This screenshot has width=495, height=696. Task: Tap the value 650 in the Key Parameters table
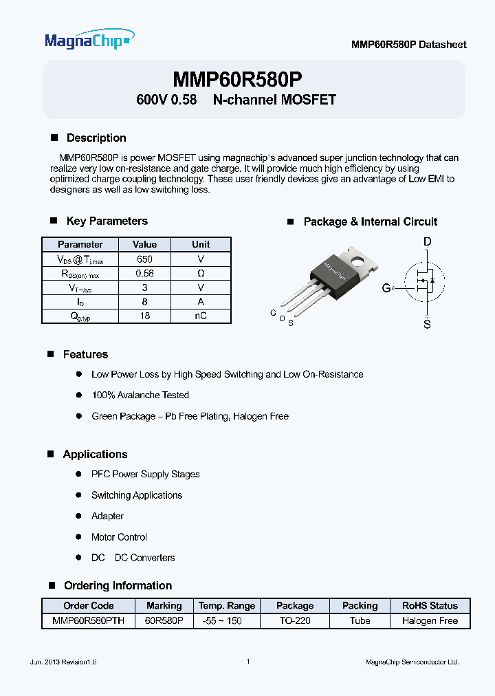click(144, 259)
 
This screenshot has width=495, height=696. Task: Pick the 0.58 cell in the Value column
click(144, 273)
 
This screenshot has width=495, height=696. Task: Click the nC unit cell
click(201, 316)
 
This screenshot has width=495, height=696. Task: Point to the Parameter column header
click(80, 244)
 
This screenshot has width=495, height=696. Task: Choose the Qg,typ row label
click(80, 316)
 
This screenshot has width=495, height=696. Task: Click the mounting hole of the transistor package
click(357, 260)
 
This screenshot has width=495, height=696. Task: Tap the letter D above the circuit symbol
click(427, 241)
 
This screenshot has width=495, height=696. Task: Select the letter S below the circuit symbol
click(427, 324)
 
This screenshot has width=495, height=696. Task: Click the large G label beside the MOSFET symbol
click(386, 287)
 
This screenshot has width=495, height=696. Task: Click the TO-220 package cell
click(294, 620)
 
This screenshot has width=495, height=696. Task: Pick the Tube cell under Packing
click(360, 620)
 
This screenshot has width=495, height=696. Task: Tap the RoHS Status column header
click(430, 606)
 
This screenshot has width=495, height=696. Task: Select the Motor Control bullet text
click(119, 537)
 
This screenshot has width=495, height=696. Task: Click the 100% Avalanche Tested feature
click(140, 395)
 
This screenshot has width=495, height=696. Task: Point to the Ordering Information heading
click(118, 585)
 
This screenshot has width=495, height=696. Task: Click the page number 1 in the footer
click(247, 662)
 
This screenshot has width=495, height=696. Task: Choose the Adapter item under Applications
click(107, 516)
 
